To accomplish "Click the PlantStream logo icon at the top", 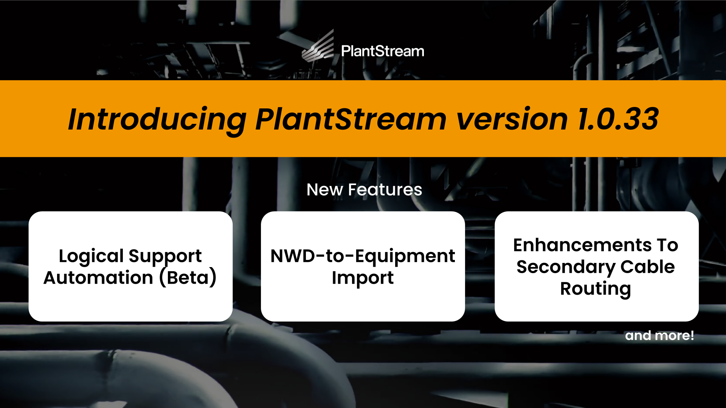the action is coord(318,46).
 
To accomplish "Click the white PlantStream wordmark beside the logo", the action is coord(383,51).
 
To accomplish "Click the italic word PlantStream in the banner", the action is coord(351,119).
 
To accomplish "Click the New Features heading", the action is coord(364,190).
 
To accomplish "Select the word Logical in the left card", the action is coord(91,257).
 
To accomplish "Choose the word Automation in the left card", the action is coord(98,278).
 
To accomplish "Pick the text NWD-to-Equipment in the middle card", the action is coord(363,257).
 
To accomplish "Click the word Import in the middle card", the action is coord(363,278).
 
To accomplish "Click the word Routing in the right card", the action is coord(596,289).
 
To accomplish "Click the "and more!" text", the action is coord(659,335).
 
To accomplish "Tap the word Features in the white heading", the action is coord(385,190).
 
